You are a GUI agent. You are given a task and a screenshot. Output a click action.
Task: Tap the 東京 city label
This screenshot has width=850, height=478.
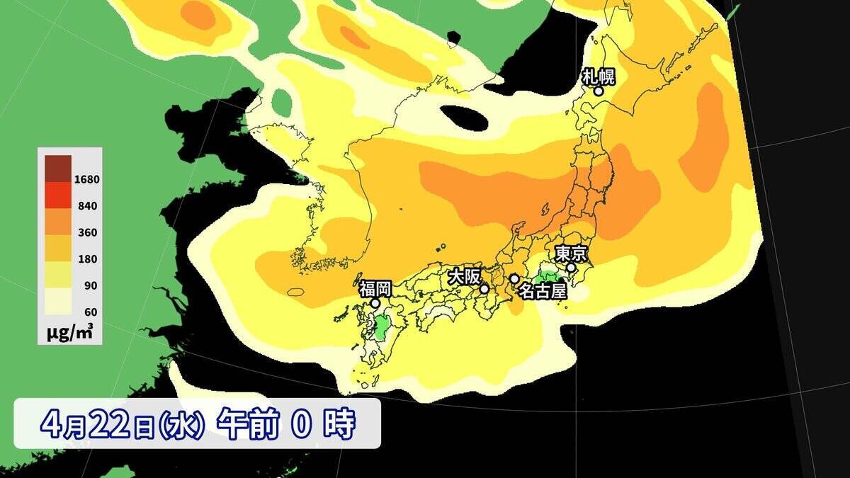click(569, 253)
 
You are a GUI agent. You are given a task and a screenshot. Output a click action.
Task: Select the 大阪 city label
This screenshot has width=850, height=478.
click(463, 276)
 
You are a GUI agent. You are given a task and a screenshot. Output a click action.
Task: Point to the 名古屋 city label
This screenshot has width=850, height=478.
click(543, 290)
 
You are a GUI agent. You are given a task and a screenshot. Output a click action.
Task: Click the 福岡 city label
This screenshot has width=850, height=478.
click(375, 288)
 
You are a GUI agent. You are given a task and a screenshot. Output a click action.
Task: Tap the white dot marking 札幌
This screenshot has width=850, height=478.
click(599, 91)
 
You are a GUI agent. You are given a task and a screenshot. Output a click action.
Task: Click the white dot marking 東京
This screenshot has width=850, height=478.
click(571, 268)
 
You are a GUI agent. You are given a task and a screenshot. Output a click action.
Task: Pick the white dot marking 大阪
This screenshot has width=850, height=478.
click(484, 289)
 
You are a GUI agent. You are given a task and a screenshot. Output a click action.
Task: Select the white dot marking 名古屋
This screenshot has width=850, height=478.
click(514, 279)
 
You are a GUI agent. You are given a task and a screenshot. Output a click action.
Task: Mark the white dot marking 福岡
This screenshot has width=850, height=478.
click(375, 303)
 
